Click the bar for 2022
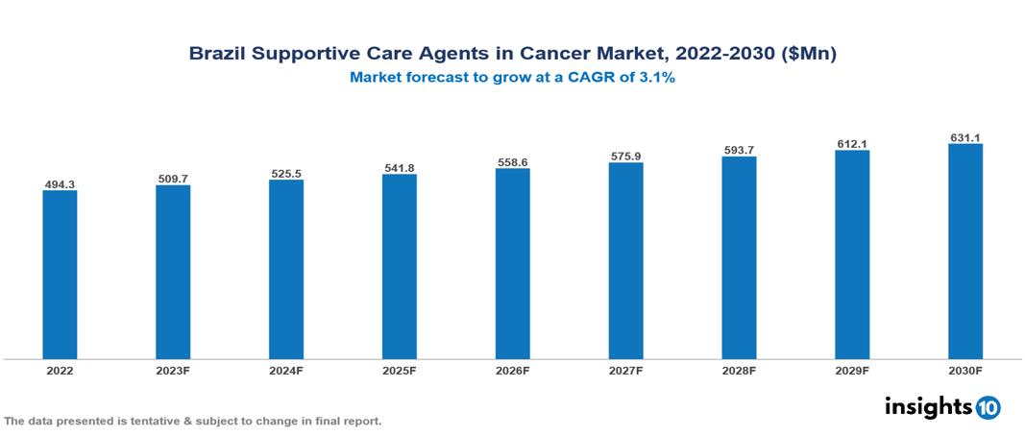pos(60,275)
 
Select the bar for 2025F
pos(400,266)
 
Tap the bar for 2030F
pos(964,252)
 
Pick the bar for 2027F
pos(625,260)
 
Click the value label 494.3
pos(60,183)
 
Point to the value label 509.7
pos(173,179)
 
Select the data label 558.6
pos(513,162)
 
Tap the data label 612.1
pos(852,144)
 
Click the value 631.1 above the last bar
pos(964,137)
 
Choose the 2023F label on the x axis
pos(173,370)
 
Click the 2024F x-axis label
pos(286,370)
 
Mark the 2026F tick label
pos(513,370)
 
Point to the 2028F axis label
pos(739,370)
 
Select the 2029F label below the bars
pos(852,370)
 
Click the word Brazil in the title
pos(217,55)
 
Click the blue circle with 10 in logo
pos(988,407)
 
